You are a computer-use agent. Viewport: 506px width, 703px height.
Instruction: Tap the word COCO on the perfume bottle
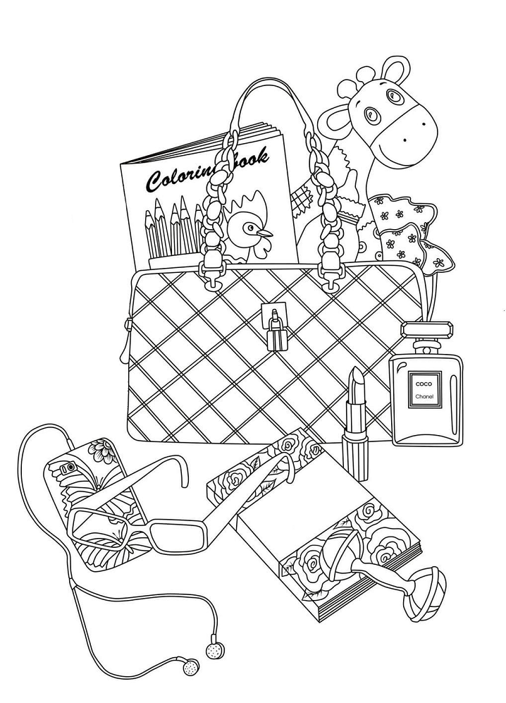[x=421, y=384]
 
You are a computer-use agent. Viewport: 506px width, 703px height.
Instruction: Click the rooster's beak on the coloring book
[x=264, y=232]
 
